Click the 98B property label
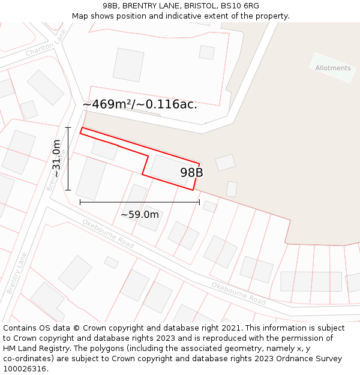(x=191, y=173)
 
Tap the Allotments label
(x=333, y=68)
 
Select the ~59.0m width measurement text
(x=140, y=215)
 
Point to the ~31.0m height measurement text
(x=56, y=158)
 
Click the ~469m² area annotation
(x=139, y=104)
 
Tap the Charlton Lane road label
(x=46, y=44)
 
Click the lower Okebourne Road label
(x=238, y=293)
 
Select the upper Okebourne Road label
(x=108, y=233)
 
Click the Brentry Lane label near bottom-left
(x=17, y=273)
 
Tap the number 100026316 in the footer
(x=25, y=369)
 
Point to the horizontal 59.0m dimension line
(x=140, y=202)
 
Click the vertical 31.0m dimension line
(x=68, y=158)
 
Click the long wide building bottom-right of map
(x=311, y=281)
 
